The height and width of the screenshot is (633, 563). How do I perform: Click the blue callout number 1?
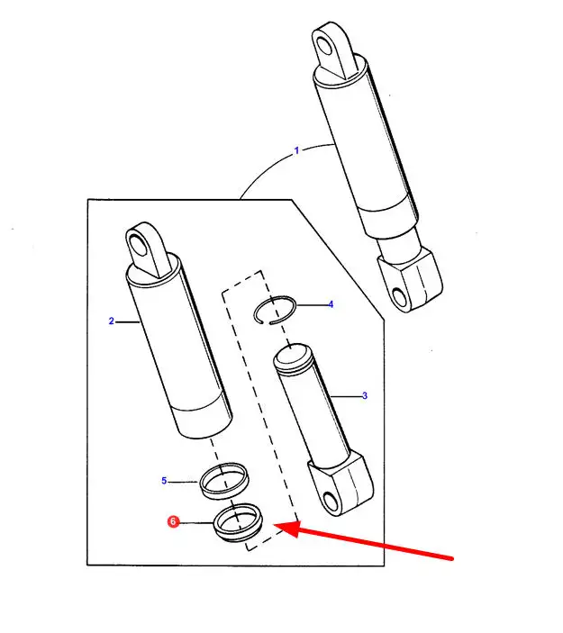[x=297, y=150]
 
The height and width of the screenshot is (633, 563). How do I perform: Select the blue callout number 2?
[x=112, y=321]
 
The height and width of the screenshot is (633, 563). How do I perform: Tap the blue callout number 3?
[x=365, y=395]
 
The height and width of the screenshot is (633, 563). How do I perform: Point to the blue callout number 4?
[x=331, y=304]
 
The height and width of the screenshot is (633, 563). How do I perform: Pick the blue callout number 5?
[x=164, y=481]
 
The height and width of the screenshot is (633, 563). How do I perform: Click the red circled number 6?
[x=173, y=521]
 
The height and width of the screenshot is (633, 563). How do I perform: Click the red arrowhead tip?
[x=275, y=525]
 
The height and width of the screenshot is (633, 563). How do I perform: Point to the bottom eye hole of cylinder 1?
[x=400, y=297]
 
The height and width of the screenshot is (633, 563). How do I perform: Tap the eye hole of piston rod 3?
[x=331, y=502]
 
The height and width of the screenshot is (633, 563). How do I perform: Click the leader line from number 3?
[x=346, y=396]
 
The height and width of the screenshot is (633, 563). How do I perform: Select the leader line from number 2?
[x=128, y=321]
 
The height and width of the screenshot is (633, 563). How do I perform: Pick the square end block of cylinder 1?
[x=411, y=278]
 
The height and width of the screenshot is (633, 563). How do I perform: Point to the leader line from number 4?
[x=312, y=305]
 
